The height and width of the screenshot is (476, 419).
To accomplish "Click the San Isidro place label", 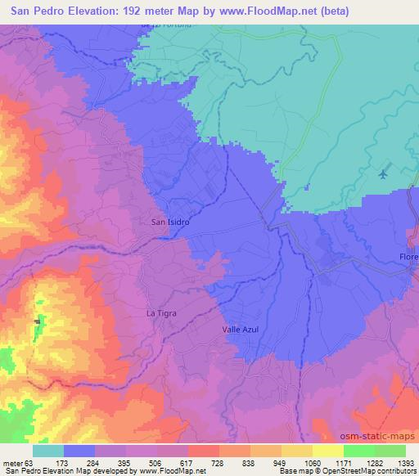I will [171, 222].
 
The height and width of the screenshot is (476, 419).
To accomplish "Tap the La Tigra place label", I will [161, 313].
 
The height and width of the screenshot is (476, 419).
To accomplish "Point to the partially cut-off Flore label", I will [408, 258].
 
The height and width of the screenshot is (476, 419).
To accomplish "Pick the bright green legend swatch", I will [358, 451].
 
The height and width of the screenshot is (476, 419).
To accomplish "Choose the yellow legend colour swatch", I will [296, 451].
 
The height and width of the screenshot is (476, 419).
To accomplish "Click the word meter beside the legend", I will [11, 462].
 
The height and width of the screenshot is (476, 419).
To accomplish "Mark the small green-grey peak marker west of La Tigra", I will [37, 320].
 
